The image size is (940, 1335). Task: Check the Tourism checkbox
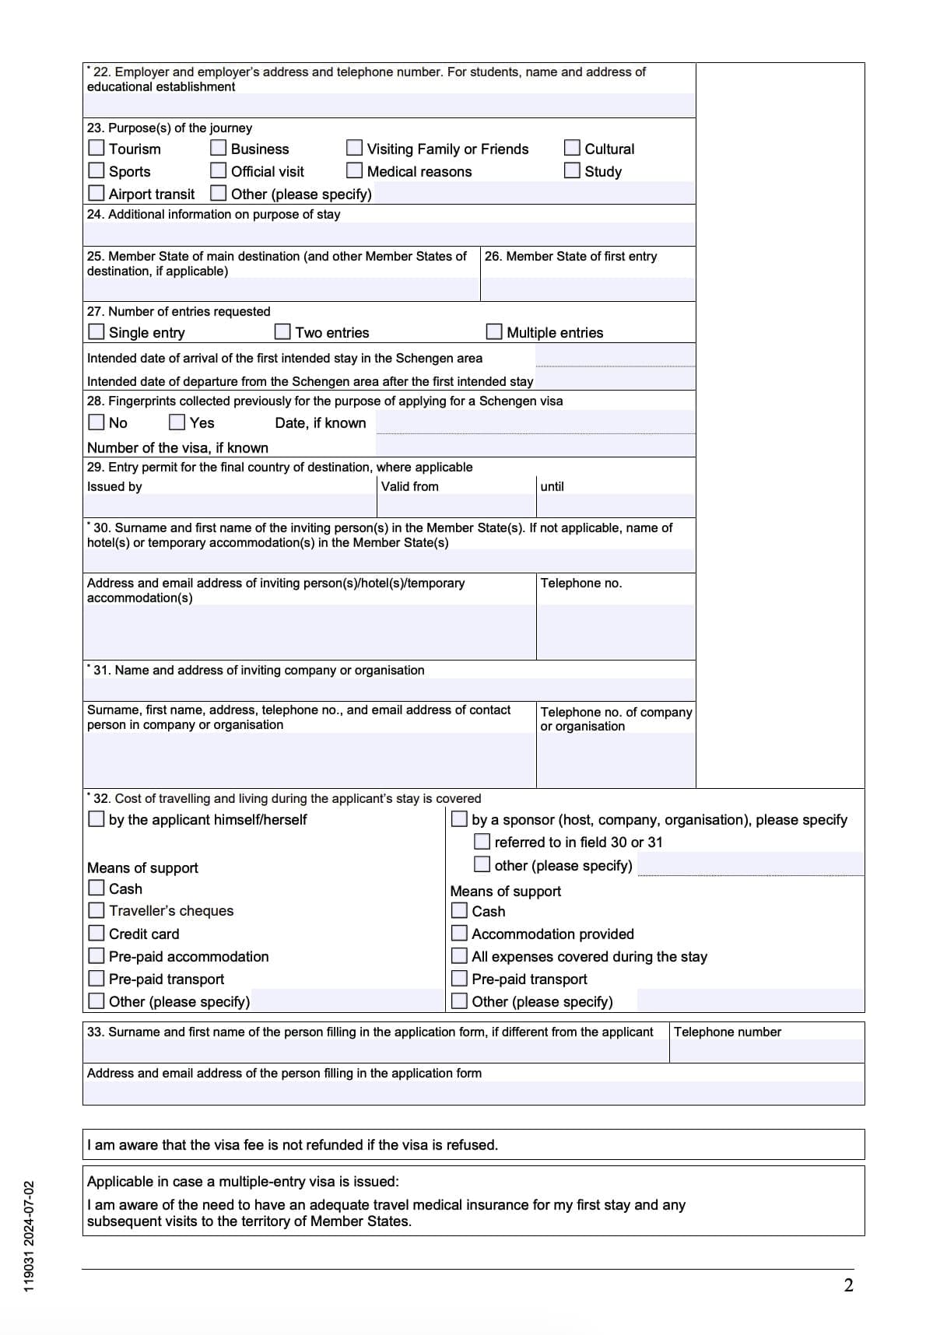point(96,148)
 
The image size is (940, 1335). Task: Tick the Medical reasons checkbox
point(355,170)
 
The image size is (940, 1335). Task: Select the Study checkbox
point(572,170)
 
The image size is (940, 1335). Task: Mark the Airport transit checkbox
point(96,193)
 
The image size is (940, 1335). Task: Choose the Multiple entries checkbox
point(494,332)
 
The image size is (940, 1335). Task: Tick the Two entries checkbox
point(283,332)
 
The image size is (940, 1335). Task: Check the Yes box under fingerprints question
point(177,422)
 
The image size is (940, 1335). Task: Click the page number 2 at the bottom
point(848,1285)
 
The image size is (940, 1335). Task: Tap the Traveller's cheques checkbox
point(96,910)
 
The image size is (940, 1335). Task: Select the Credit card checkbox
point(96,933)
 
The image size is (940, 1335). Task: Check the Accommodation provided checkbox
point(460,933)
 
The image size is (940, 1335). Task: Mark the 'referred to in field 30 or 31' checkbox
point(482,842)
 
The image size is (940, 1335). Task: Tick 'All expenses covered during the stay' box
point(460,955)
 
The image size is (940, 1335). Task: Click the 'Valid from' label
point(410,486)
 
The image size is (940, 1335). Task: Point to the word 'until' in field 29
point(552,486)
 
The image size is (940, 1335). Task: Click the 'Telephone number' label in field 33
point(728,1032)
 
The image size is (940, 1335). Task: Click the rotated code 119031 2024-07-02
point(29,1237)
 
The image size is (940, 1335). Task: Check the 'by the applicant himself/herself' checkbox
point(96,819)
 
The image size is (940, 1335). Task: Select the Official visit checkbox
point(219,170)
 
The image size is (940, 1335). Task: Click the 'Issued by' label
point(114,486)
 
